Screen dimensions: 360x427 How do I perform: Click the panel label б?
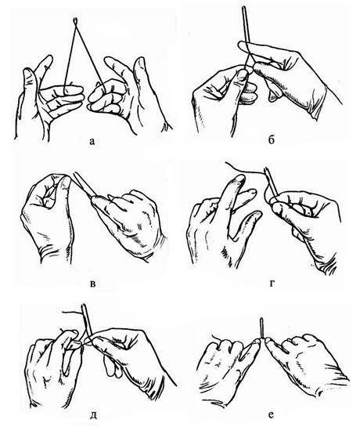pyautogui.click(x=271, y=140)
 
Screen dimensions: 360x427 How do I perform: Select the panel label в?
pyautogui.click(x=92, y=284)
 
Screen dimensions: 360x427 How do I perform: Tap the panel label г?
pyautogui.click(x=272, y=284)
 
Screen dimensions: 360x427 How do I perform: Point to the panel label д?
pyautogui.click(x=92, y=414)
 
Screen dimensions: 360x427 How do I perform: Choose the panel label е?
pyautogui.click(x=271, y=414)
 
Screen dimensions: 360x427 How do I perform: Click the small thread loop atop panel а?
pyautogui.click(x=75, y=20)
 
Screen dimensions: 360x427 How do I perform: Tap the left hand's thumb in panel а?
pyautogui.click(x=29, y=81)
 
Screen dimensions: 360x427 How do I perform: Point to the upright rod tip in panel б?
pyautogui.click(x=243, y=10)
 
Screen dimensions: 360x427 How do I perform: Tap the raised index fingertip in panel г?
pyautogui.click(x=239, y=179)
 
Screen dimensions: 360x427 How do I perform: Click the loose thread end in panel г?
pyautogui.click(x=228, y=163)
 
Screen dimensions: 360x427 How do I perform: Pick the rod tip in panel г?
pyautogui.click(x=266, y=170)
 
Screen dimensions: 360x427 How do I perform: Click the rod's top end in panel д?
pyautogui.click(x=85, y=306)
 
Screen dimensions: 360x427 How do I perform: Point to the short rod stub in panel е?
pyautogui.click(x=261, y=327)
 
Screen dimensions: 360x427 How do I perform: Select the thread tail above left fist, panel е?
pyautogui.click(x=216, y=338)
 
